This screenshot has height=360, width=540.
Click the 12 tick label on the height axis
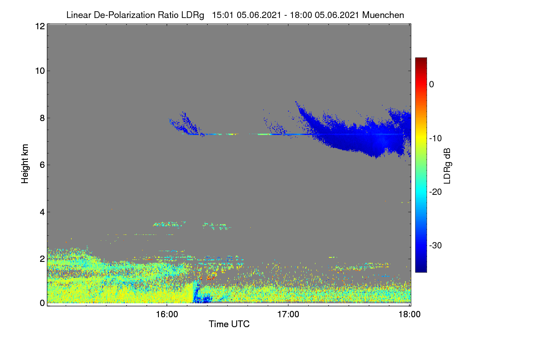coord(40,26)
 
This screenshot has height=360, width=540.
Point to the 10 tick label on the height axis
coord(40,71)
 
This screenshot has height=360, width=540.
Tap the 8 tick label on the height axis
coord(42,118)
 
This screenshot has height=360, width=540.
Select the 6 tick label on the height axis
coord(42,165)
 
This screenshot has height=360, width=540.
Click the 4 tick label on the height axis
coord(42,212)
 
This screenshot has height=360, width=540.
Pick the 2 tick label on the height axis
coord(42,259)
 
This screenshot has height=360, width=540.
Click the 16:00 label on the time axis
coord(167,315)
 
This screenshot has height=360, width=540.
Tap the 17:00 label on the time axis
coord(288,315)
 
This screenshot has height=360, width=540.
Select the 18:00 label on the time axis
coord(409,315)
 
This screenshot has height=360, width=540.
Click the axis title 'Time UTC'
coord(229,324)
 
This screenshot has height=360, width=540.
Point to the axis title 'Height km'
coord(25,164)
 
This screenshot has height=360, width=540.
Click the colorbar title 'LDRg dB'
coord(447,166)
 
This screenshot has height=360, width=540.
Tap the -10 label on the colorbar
coord(436,139)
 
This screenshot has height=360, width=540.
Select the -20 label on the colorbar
coord(436,192)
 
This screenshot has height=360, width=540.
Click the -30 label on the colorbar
coord(436,245)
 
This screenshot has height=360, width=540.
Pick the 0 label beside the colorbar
coord(432,85)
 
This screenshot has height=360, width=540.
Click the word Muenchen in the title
coord(383,15)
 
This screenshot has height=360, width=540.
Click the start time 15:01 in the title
coord(223,15)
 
